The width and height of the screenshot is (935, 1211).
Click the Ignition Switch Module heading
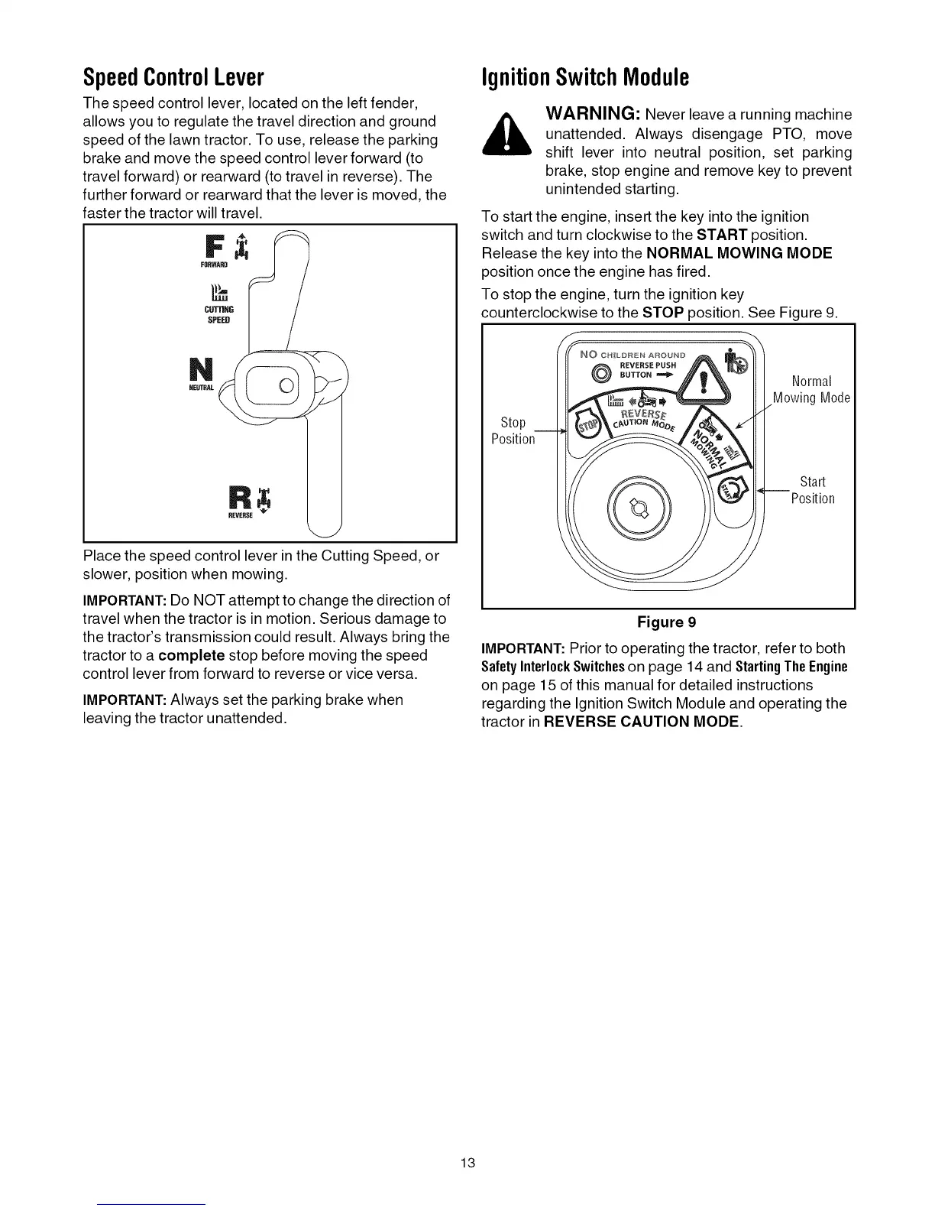(x=585, y=78)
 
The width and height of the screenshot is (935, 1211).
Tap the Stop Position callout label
(x=513, y=431)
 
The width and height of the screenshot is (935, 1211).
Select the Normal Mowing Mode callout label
(x=811, y=389)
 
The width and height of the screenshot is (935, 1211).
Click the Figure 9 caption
(x=667, y=622)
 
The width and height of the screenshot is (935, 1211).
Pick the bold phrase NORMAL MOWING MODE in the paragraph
(x=739, y=253)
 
